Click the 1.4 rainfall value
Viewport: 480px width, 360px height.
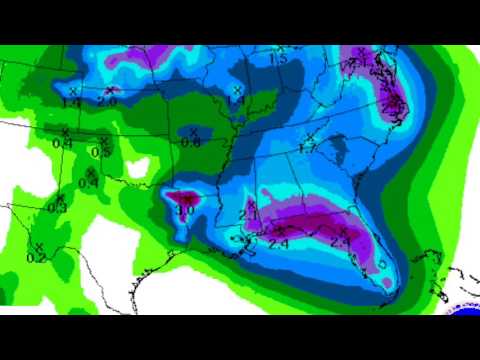click(70, 102)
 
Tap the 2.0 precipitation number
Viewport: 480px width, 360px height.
click(108, 101)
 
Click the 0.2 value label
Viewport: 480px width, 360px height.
click(37, 258)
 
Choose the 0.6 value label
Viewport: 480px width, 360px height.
click(190, 142)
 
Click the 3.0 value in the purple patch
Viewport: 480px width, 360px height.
click(185, 211)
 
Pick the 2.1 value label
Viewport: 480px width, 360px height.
click(249, 214)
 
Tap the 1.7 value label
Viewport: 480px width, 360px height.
click(307, 148)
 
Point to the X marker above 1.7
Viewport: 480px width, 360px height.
click(310, 136)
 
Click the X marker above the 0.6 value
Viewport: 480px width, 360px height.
click(191, 130)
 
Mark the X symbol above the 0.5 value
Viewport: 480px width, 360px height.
click(101, 141)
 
